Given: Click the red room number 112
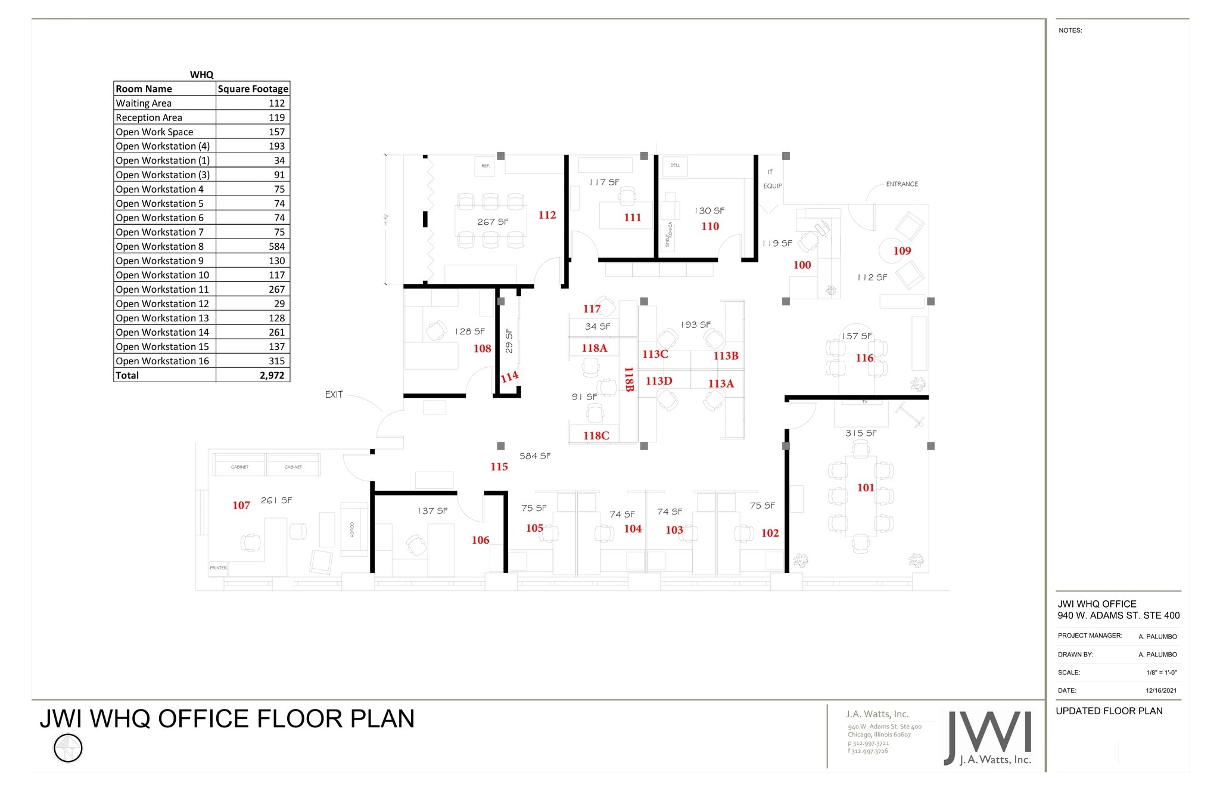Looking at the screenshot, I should [547, 215].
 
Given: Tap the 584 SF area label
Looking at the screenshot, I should [535, 456].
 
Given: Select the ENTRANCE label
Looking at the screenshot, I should [901, 184].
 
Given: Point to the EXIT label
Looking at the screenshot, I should [334, 394].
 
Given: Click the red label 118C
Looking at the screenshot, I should [596, 436].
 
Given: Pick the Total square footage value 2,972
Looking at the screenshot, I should [272, 375].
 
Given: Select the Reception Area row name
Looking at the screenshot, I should [149, 117].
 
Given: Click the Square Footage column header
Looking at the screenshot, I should [253, 89].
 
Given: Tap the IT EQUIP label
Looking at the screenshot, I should [772, 179].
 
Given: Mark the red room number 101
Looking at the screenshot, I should [866, 488].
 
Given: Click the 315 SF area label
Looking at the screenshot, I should [861, 433].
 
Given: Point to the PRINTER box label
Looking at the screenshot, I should [218, 568].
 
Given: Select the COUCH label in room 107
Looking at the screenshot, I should [352, 529].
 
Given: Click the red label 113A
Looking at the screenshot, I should [721, 384].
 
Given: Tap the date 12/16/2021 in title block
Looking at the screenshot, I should [1160, 690].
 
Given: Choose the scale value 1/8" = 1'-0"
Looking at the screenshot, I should [1161, 673].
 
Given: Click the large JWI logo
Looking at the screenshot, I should [987, 738].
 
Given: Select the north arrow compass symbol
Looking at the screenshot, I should [68, 748].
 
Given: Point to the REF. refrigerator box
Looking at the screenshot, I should [485, 166].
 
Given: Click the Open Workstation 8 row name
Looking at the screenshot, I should [160, 246].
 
